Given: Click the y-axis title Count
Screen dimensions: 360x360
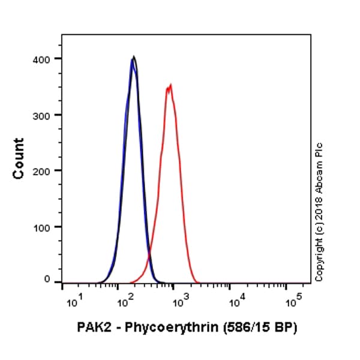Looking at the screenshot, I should coord(19,158).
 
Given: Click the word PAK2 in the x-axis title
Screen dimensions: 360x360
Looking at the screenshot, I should coord(92,328).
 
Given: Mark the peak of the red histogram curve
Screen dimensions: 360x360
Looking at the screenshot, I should coord(170,85).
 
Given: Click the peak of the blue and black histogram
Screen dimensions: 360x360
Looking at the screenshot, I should coord(133,58).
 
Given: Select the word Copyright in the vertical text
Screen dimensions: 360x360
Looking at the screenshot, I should coord(319,257).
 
